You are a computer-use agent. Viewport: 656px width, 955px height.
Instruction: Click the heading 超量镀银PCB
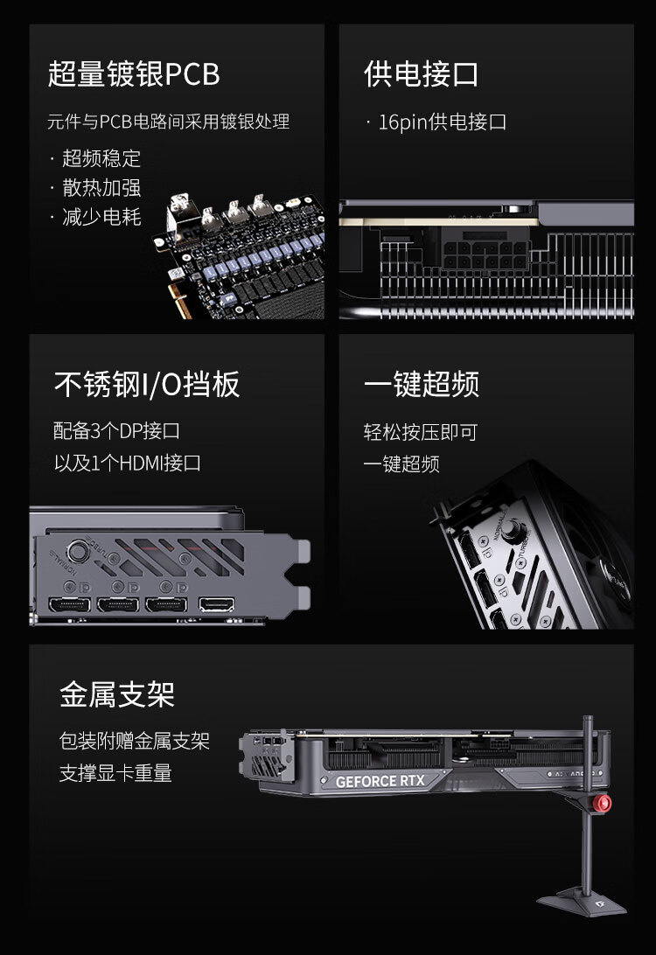tap(134, 73)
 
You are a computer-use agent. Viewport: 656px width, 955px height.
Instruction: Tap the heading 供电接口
tap(421, 73)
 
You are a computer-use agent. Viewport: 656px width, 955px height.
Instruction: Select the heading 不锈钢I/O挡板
tap(147, 384)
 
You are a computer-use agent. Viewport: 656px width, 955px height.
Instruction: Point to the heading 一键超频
tap(421, 384)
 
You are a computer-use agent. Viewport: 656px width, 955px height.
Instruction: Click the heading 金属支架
tap(117, 694)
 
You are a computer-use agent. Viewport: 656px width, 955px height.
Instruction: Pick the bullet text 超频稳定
tap(101, 158)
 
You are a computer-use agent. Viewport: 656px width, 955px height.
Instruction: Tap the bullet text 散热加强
tap(101, 187)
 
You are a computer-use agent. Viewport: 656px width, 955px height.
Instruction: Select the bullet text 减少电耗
tap(101, 217)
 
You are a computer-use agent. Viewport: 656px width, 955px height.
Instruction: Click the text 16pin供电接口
tap(443, 122)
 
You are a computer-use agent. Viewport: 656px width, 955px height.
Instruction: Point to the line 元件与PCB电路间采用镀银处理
tap(168, 122)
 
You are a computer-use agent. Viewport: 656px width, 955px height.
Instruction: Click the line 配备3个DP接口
tap(116, 431)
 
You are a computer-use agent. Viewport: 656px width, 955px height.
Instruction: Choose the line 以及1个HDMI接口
tap(128, 463)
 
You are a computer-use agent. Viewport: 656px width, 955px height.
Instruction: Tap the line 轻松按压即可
tap(421, 432)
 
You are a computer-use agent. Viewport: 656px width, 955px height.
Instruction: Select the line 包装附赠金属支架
tap(135, 742)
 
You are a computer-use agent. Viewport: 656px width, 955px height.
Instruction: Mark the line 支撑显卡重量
tap(115, 773)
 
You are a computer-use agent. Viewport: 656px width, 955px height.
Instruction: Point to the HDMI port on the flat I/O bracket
tap(216, 605)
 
